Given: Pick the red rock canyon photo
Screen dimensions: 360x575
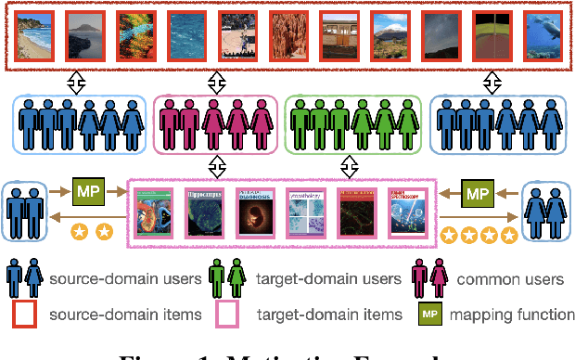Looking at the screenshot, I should [287, 33].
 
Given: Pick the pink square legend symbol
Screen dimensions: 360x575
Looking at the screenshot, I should [226, 315].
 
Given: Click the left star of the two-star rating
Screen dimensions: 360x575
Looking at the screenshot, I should [83, 230].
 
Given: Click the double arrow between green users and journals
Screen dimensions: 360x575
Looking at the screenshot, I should [350, 166].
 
